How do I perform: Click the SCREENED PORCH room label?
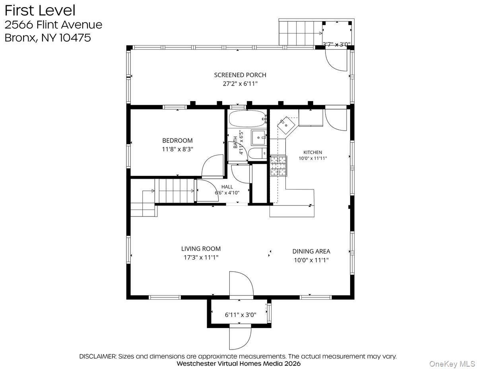(240, 75)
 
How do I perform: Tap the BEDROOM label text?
(177, 141)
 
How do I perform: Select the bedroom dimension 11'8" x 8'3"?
(177, 149)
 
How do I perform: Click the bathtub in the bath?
(247, 119)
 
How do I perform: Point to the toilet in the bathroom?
(258, 153)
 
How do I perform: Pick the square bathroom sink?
(258, 138)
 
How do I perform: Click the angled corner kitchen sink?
(287, 125)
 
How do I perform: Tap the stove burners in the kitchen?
(279, 166)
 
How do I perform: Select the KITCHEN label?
(312, 152)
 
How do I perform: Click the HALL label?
(227, 187)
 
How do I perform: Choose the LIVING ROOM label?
(201, 249)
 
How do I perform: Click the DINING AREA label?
(311, 251)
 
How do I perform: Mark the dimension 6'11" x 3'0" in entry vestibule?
(240, 315)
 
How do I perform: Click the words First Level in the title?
(40, 10)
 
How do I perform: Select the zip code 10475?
(75, 37)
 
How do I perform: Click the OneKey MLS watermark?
(452, 364)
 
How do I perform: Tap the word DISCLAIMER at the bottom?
(98, 357)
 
